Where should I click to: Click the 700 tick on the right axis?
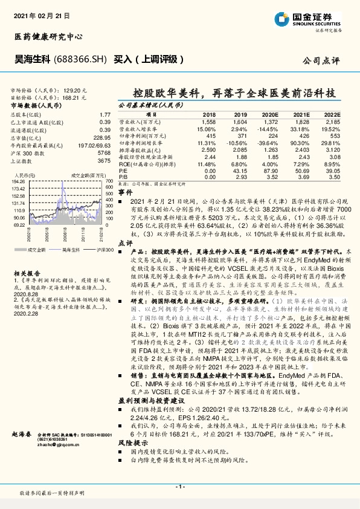pos(109,181)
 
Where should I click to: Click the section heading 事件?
pos(125,191)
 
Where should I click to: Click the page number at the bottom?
pos(179,487)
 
